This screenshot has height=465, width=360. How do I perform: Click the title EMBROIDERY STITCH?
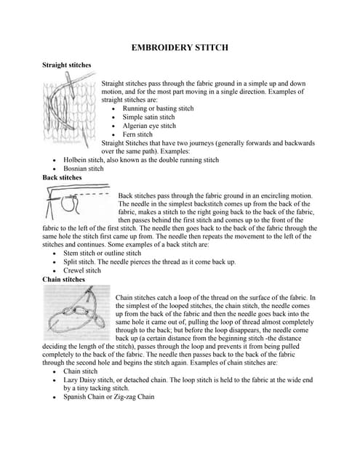click(180, 47)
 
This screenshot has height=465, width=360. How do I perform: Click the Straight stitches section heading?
click(67, 65)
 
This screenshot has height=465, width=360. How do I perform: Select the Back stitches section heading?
click(63, 177)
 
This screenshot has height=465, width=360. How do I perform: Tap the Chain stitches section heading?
click(64, 279)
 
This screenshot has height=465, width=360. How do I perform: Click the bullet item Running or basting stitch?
click(158, 108)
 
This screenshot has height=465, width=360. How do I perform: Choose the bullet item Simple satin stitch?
click(148, 117)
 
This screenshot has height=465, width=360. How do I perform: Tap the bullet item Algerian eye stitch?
click(149, 126)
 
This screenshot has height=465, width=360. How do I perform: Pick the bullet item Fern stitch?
click(137, 134)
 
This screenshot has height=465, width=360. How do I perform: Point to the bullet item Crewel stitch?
click(82, 270)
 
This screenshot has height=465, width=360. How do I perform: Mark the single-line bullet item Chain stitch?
click(81, 371)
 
